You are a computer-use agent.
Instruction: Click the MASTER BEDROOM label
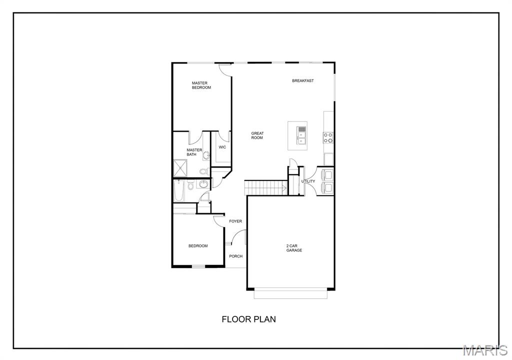[201, 85]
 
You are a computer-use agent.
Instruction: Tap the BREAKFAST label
[303, 80]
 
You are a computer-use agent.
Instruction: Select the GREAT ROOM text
[257, 135]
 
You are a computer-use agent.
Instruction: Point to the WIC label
[222, 147]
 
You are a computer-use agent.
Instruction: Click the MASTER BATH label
[194, 152]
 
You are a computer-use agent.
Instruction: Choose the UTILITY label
[308, 181]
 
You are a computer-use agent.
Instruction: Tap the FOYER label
[235, 221]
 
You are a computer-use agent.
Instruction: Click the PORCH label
[235, 256]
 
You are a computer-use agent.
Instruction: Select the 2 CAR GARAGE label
[294, 248]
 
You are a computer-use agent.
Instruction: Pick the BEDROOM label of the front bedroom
[198, 245]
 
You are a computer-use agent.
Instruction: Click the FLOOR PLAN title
[248, 319]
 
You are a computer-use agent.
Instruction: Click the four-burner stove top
[328, 137]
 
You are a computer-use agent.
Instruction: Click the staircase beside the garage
[265, 188]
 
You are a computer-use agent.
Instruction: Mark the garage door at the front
[290, 294]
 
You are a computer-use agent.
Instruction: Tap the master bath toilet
[202, 171]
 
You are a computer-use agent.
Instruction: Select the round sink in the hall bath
[203, 185]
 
